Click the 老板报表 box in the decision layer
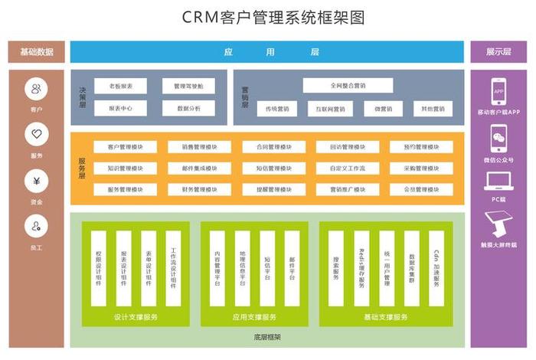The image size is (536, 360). point(120,87)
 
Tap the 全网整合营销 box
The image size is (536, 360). point(348,86)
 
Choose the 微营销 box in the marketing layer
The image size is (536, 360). point(383,109)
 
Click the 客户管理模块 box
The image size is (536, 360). point(126,147)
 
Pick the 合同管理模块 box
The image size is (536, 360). point(273,147)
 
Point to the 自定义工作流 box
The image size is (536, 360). point(348,168)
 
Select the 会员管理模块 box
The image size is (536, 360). point(421,189)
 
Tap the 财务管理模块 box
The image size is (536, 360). point(199,189)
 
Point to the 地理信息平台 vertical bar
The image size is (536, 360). point(242,268)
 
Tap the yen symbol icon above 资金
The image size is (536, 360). point(36,182)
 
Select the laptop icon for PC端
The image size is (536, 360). point(498,182)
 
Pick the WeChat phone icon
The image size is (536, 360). point(498,138)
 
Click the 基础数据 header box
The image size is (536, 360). point(36,52)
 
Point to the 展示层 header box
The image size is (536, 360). point(498,52)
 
